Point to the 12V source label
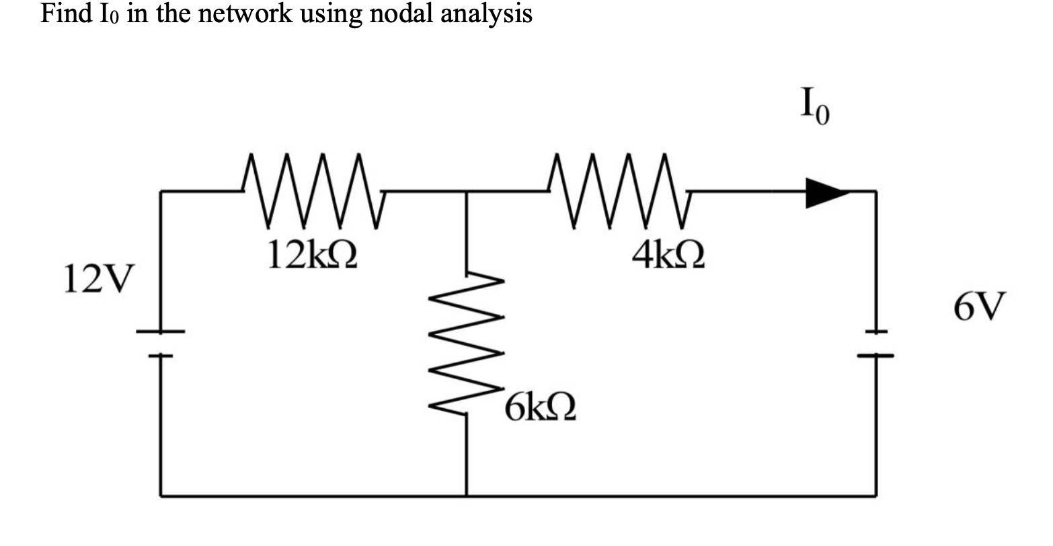click(98, 279)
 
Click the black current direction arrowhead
click(826, 192)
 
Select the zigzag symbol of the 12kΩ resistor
click(313, 191)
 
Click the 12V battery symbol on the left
click(161, 343)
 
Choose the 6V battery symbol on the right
click(875, 344)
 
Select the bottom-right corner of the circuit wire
click(875, 496)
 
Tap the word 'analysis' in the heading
click(487, 15)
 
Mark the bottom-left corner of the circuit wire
click(161, 496)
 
